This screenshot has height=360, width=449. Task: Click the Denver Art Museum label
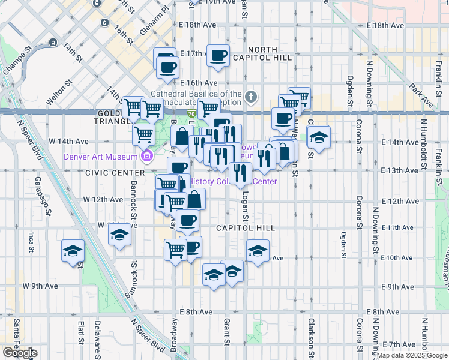[101, 157]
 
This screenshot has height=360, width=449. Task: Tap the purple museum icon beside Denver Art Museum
[146, 157]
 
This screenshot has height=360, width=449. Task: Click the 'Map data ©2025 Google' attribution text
[411, 355]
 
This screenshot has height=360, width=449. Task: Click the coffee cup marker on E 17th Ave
[218, 56]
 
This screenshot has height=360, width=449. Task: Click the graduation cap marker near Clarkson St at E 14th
[319, 137]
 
